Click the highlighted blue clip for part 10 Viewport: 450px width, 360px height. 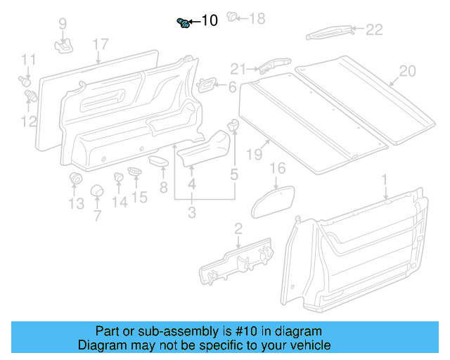(x=184, y=23)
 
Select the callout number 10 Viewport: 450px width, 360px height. (x=210, y=21)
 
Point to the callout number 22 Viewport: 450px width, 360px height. (x=373, y=29)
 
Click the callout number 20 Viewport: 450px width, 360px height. (x=407, y=71)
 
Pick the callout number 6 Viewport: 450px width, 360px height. (x=232, y=87)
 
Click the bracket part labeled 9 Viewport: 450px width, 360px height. (x=64, y=46)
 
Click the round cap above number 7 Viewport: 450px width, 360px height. (x=96, y=191)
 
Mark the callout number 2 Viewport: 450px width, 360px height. (x=238, y=227)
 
